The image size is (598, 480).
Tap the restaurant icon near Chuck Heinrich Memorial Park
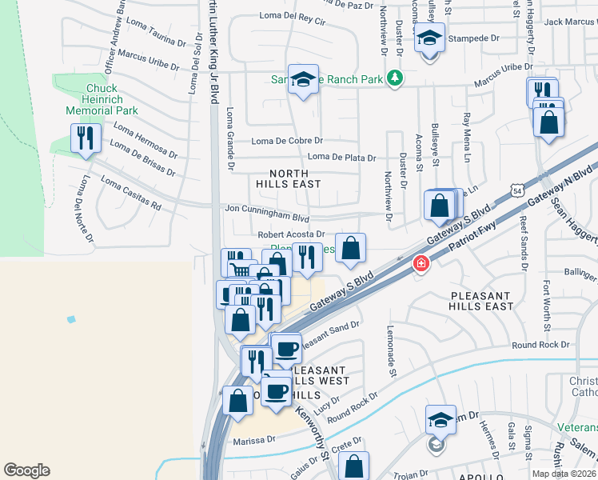[x=86, y=138]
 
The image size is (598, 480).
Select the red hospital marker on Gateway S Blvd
[x=420, y=263]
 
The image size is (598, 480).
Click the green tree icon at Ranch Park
[x=393, y=78]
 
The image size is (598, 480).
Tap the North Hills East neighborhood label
[x=288, y=178]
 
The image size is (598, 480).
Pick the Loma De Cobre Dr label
[x=286, y=142]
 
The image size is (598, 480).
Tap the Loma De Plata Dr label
[x=341, y=157]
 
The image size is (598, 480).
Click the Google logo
[x=26, y=470]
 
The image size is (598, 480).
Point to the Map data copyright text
[x=563, y=474]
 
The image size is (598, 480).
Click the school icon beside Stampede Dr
[x=429, y=38]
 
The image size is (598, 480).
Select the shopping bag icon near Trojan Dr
[x=354, y=466]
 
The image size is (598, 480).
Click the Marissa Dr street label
[x=254, y=440]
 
